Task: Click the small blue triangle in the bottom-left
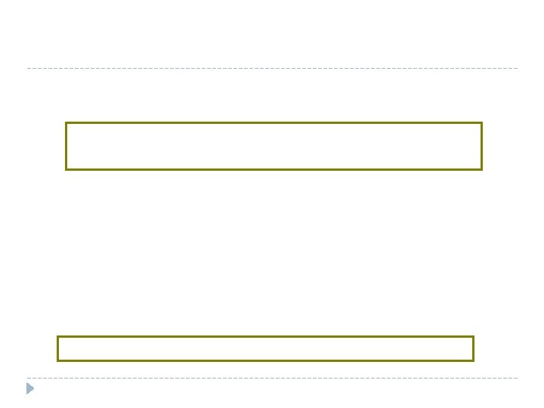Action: point(30,389)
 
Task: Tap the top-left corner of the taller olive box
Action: point(66,123)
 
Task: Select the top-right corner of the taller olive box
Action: point(481,123)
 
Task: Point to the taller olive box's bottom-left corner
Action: point(66,168)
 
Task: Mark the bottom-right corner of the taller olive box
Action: point(481,168)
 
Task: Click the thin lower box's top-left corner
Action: point(58,337)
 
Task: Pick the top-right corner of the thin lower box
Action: point(473,337)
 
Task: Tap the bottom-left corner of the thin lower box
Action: point(58,360)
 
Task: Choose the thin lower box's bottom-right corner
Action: point(473,360)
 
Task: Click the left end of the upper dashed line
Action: point(27,69)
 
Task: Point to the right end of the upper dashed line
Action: point(518,69)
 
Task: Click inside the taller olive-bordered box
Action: point(274,146)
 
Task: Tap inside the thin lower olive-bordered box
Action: point(265,349)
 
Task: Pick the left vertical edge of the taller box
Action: point(66,146)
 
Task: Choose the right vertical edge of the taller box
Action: point(481,146)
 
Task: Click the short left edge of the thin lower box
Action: point(58,349)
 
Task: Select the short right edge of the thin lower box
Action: point(473,349)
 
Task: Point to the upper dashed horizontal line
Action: point(272,69)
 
